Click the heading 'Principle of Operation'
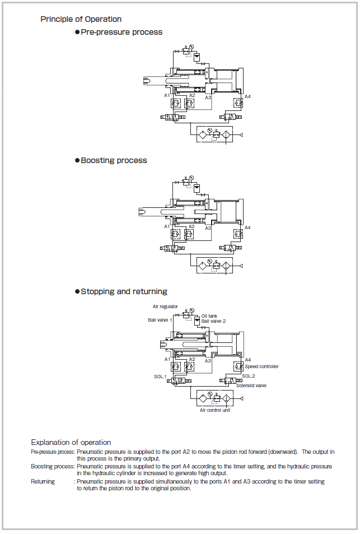click(81, 20)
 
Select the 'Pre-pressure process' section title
click(121, 32)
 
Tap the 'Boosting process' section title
click(114, 160)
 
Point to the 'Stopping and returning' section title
click(124, 291)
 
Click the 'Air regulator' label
click(165, 307)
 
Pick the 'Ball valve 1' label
click(160, 320)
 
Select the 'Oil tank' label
click(209, 316)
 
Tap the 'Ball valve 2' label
click(214, 321)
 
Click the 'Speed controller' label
click(261, 366)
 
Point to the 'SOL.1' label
click(160, 376)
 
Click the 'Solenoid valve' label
click(251, 386)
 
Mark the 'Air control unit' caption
click(216, 410)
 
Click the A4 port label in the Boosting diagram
click(247, 227)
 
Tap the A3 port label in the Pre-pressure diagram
click(208, 97)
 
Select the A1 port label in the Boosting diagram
click(167, 226)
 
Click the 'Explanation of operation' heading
click(71, 442)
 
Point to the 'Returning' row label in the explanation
click(43, 481)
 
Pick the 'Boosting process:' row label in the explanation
click(53, 466)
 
